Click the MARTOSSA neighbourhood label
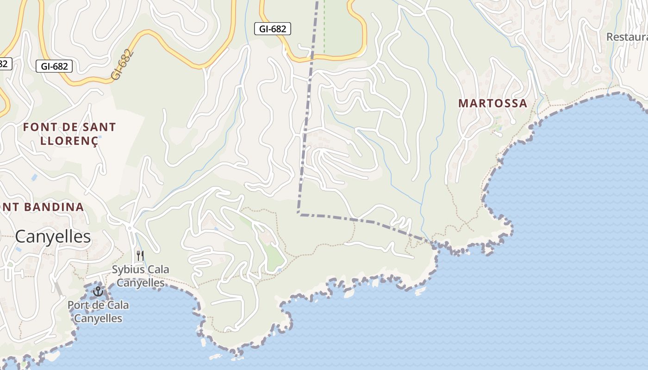(493, 104)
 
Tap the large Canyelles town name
(53, 237)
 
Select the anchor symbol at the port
(98, 291)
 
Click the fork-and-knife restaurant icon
(140, 255)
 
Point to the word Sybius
(127, 270)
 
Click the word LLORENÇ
(69, 141)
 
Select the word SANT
(99, 127)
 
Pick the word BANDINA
(54, 207)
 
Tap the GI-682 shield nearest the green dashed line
(273, 29)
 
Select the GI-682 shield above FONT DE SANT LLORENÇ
(54, 66)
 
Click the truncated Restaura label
(627, 37)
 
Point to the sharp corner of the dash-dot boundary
(299, 214)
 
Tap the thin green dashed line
(324, 28)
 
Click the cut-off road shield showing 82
(5, 63)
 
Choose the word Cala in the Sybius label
(158, 270)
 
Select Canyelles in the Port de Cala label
(98, 318)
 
